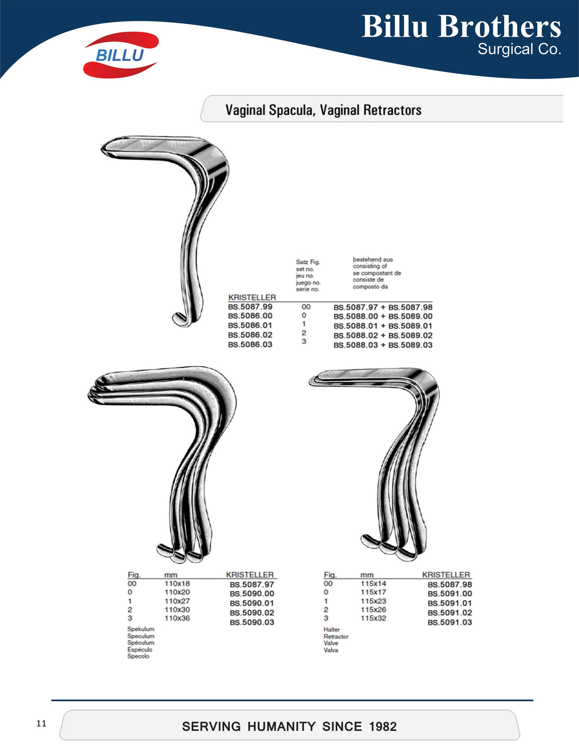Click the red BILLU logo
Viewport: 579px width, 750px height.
[121, 55]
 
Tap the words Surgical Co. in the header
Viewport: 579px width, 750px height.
[520, 49]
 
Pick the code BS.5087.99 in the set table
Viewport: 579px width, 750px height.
[250, 307]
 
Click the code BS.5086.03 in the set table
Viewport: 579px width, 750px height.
[250, 344]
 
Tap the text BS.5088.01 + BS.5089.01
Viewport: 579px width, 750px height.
[383, 326]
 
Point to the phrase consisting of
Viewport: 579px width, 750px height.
[370, 266]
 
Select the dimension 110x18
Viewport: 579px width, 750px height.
[177, 583]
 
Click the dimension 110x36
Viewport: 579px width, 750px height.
[177, 618]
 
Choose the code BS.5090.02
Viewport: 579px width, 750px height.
[252, 613]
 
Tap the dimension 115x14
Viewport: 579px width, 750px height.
[373, 583]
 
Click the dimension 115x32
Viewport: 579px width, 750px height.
[373, 618]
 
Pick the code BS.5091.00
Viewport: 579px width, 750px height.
[450, 594]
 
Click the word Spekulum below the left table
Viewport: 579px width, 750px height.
[141, 629]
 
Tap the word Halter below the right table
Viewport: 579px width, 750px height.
[332, 629]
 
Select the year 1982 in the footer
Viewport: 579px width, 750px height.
[383, 727]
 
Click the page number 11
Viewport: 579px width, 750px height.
[41, 723]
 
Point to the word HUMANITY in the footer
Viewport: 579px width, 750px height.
[281, 727]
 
